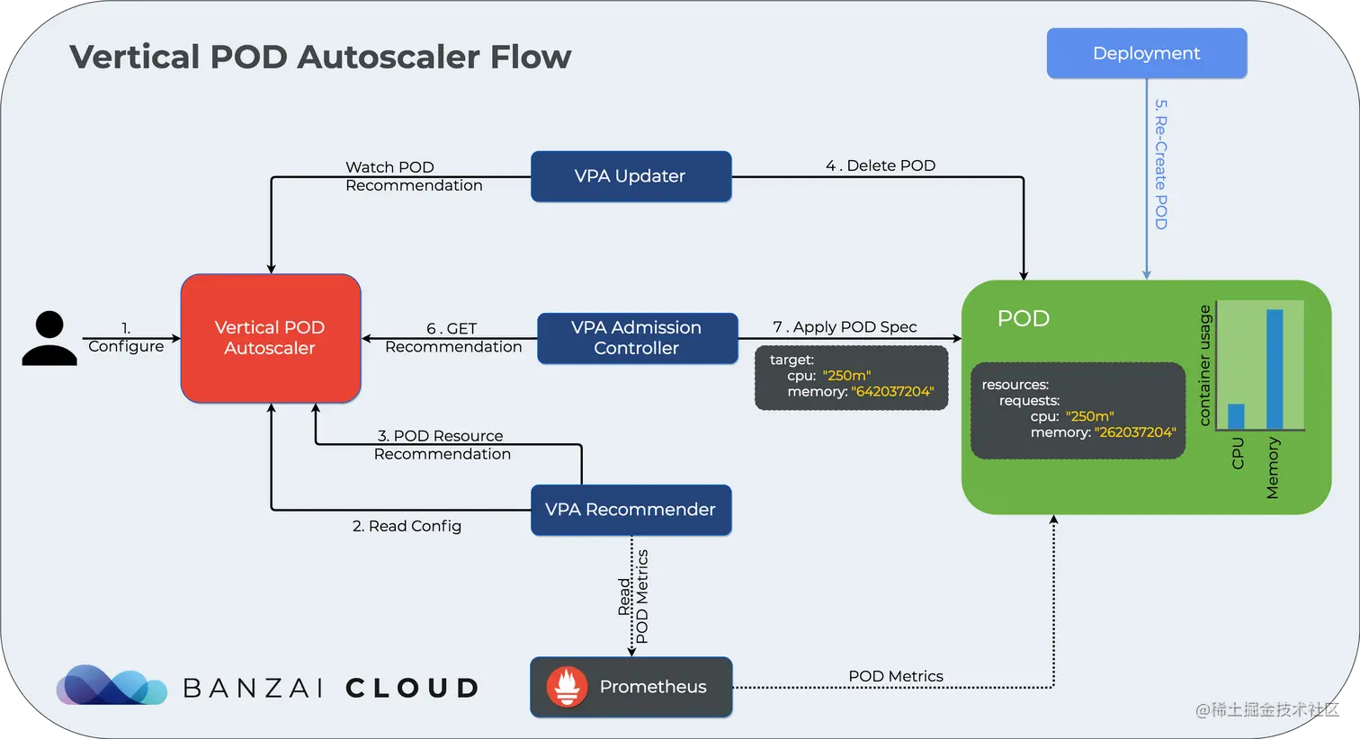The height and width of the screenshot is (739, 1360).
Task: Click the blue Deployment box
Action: (1146, 54)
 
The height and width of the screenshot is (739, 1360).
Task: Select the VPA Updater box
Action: (631, 176)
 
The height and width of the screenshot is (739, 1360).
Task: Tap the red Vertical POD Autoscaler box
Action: (270, 338)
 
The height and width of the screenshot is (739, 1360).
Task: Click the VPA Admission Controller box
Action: (637, 338)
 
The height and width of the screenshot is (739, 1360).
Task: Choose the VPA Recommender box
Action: (631, 510)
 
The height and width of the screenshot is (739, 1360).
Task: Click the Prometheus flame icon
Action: (567, 687)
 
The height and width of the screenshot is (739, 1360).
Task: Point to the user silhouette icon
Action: (49, 338)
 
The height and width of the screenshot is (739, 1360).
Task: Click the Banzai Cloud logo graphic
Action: (111, 686)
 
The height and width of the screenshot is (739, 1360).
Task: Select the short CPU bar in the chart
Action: (1236, 416)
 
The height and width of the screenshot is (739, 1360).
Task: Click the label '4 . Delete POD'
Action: (881, 165)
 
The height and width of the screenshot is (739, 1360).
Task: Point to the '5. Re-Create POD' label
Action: (1160, 164)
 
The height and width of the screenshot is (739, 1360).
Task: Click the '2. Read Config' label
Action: (407, 526)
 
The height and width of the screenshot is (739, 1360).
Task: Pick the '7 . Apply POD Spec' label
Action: (845, 327)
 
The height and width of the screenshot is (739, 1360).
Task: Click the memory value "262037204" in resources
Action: (1135, 432)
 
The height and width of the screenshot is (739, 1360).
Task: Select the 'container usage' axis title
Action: (1205, 365)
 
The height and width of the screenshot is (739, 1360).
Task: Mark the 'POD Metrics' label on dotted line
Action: (896, 676)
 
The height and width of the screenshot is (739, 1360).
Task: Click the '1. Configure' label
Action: (126, 338)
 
